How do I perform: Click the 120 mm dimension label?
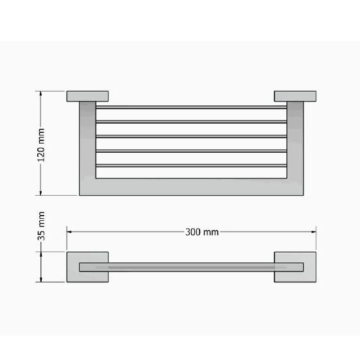tap(41, 145)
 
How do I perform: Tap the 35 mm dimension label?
tap(41, 226)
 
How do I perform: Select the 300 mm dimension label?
tap(201, 232)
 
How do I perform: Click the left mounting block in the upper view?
tap(87, 96)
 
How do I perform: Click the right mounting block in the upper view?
tap(295, 96)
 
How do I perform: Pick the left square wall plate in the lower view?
tap(87, 267)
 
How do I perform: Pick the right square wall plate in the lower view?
tap(295, 267)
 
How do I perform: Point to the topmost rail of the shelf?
tap(191, 107)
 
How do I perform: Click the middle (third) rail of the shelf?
tap(191, 137)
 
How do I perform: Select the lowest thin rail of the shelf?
tap(191, 166)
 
